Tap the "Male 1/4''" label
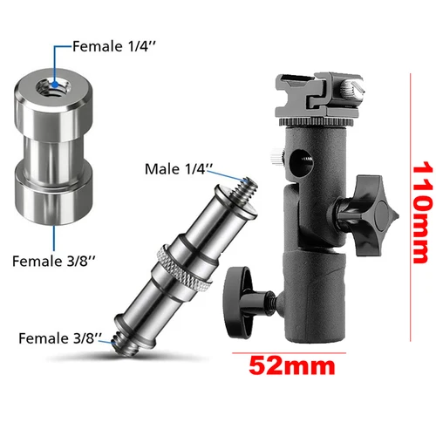179,167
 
